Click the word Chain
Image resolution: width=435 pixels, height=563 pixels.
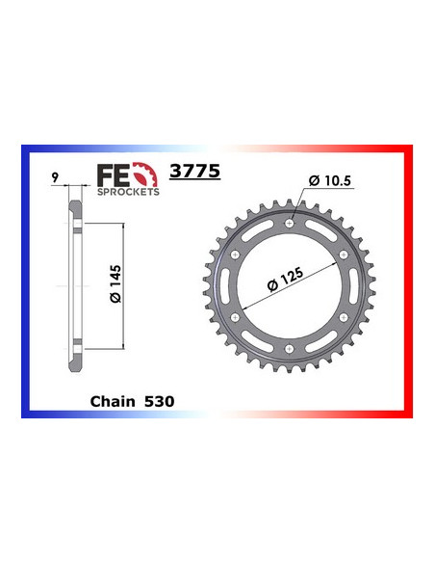click(x=113, y=400)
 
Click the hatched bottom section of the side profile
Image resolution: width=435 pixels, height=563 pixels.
click(x=74, y=358)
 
